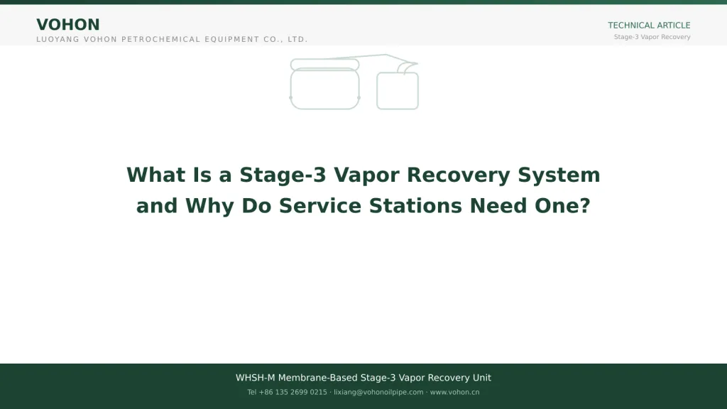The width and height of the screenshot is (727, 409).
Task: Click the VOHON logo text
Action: click(67, 25)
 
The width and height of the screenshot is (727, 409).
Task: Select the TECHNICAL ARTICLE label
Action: click(649, 26)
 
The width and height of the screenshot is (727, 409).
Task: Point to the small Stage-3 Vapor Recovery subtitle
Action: click(652, 37)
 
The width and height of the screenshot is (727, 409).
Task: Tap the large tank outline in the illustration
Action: click(290, 88)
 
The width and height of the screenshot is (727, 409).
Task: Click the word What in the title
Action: click(155, 175)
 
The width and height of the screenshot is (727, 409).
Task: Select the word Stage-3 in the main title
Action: click(283, 175)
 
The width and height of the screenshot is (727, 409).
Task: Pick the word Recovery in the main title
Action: click(458, 175)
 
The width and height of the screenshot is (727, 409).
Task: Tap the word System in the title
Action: click(559, 175)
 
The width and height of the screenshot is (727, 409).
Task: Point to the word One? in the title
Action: click(562, 206)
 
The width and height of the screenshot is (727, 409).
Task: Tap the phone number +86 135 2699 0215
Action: click(293, 392)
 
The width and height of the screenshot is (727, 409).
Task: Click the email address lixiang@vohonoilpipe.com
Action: click(378, 392)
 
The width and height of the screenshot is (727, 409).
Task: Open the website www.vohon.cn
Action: click(454, 392)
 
